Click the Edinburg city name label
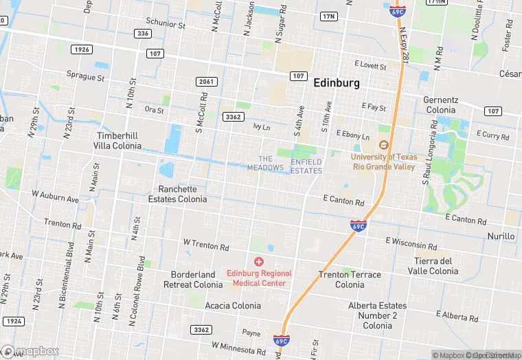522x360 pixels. click(x=337, y=82)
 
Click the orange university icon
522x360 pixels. click(x=384, y=144)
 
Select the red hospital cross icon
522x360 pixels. click(x=259, y=261)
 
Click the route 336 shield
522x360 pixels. click(x=143, y=33)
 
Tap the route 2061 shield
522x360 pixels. click(x=206, y=82)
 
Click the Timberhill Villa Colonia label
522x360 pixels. click(x=119, y=141)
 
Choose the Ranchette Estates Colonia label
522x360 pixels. click(x=177, y=194)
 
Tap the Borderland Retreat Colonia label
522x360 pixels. click(x=193, y=279)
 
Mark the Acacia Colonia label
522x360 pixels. click(x=233, y=306)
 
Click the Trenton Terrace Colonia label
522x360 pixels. click(x=350, y=279)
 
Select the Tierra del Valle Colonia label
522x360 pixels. click(x=436, y=266)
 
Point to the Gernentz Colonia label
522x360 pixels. click(x=440, y=104)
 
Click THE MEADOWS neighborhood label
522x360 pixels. click(x=265, y=164)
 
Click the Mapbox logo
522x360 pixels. click(x=30, y=351)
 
